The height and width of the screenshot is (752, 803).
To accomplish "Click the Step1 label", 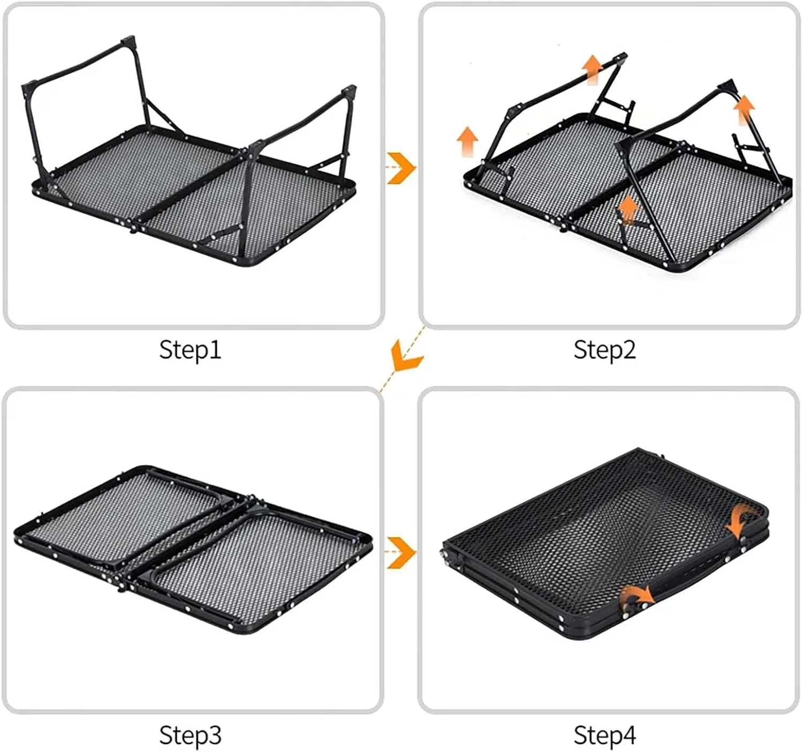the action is (x=190, y=350).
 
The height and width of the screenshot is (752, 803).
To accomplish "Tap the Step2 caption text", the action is (x=604, y=350).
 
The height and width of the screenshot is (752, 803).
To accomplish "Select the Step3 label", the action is (x=190, y=734).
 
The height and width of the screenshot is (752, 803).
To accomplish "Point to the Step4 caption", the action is (x=604, y=734).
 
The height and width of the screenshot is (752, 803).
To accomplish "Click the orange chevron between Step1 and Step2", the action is (x=401, y=168).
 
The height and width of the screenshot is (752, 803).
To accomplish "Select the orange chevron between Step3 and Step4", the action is (x=401, y=553).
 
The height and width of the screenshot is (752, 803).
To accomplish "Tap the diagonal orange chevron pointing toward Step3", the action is (x=406, y=357).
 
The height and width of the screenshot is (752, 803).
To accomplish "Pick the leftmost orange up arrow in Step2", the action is (x=467, y=141).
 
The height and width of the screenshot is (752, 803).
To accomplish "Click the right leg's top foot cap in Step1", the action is (x=349, y=91).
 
